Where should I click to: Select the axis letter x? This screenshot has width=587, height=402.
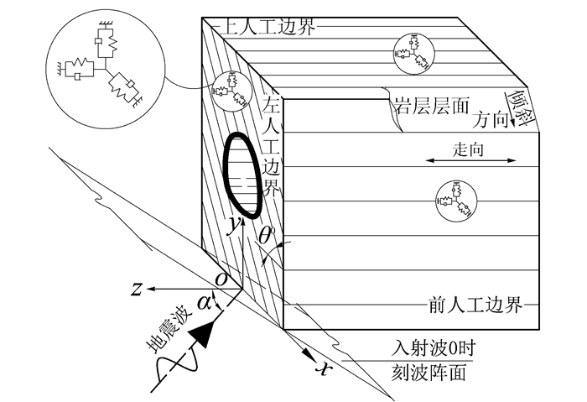pos(319,367)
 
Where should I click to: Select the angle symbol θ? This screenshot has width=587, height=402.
pos(266,238)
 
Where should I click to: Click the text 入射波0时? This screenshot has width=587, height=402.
pos(431,346)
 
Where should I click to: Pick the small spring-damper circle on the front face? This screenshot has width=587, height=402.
pos(453,199)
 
